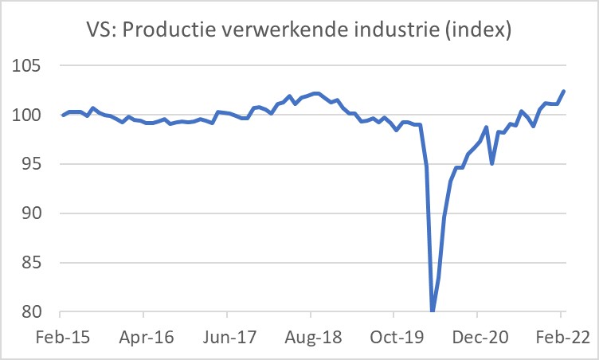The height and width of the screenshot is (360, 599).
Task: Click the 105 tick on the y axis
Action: pyautogui.click(x=30, y=66)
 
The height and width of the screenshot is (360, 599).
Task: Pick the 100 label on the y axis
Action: pyautogui.click(x=30, y=115)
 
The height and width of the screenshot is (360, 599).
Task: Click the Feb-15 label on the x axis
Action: pyautogui.click(x=63, y=337)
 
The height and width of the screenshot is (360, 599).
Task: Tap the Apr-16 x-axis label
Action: pyautogui.click(x=145, y=337)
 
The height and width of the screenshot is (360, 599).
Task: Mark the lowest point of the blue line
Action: pyautogui.click(x=433, y=311)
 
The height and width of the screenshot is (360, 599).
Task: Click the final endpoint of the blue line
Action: pyautogui.click(x=563, y=91)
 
